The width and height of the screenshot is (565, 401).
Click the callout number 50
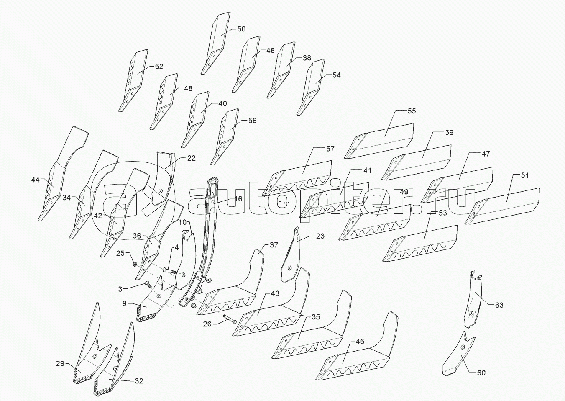click(x=241, y=29)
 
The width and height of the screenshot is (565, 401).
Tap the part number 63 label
click(x=499, y=305)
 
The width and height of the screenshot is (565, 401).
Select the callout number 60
click(x=481, y=373)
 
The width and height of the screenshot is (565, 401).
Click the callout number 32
click(x=139, y=381)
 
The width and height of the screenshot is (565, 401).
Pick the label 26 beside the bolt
click(x=208, y=324)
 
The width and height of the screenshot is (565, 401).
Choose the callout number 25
click(x=120, y=253)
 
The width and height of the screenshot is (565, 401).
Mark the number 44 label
click(x=36, y=180)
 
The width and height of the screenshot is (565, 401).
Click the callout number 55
click(x=412, y=111)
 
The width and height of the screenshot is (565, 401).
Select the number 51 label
click(x=524, y=175)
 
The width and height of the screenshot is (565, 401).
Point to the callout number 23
click(x=320, y=236)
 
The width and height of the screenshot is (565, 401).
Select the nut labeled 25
click(x=135, y=264)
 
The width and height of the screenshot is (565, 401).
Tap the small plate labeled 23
click(x=292, y=255)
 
